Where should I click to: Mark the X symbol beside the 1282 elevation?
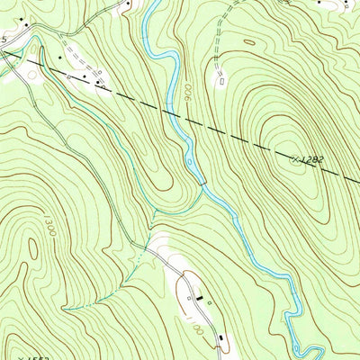tap(295, 158)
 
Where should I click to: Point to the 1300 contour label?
tap(49, 225)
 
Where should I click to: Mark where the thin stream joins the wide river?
tap(203, 185)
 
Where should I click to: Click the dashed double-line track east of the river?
tap(223, 36)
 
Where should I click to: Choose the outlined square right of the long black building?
tap(209, 302)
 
